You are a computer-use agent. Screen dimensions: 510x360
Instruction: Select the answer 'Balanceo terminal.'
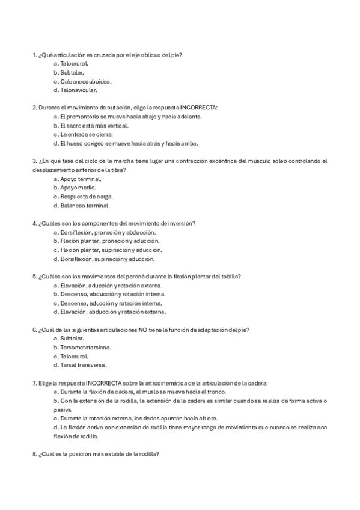(85, 206)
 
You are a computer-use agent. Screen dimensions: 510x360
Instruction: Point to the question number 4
(34, 223)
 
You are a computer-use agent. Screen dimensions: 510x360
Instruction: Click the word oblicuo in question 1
(151, 55)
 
